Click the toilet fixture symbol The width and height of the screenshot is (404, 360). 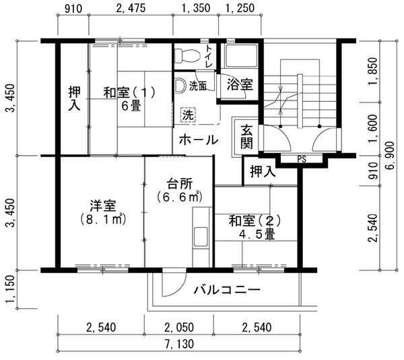pyautogui.click(x=187, y=56)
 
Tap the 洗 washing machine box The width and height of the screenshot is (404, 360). pyautogui.click(x=188, y=115)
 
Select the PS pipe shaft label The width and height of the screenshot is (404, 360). pyautogui.click(x=302, y=159)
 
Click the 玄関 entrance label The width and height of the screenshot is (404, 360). pyautogui.click(x=246, y=137)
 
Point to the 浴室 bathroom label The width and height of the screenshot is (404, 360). pyautogui.click(x=240, y=84)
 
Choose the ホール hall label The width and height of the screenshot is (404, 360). pyautogui.click(x=199, y=140)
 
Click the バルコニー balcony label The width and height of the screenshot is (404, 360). pyautogui.click(x=227, y=290)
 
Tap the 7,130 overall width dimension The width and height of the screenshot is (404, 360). pyautogui.click(x=180, y=344)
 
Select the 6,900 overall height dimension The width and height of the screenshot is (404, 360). pyautogui.click(x=390, y=156)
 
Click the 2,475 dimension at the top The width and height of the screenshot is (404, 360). pyautogui.click(x=131, y=8)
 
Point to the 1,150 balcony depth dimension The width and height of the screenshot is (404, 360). pyautogui.click(x=10, y=289)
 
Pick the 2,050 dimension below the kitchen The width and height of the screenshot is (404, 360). pyautogui.click(x=179, y=328)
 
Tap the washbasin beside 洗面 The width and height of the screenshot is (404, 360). pyautogui.click(x=179, y=86)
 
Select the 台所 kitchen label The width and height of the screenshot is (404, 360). pyautogui.click(x=180, y=184)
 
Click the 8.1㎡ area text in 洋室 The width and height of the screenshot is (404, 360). pyautogui.click(x=102, y=220)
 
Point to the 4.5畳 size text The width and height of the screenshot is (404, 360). pyautogui.click(x=257, y=235)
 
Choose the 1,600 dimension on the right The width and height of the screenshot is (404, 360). pyautogui.click(x=373, y=128)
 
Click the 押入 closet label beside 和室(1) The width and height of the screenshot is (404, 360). pyautogui.click(x=74, y=99)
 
